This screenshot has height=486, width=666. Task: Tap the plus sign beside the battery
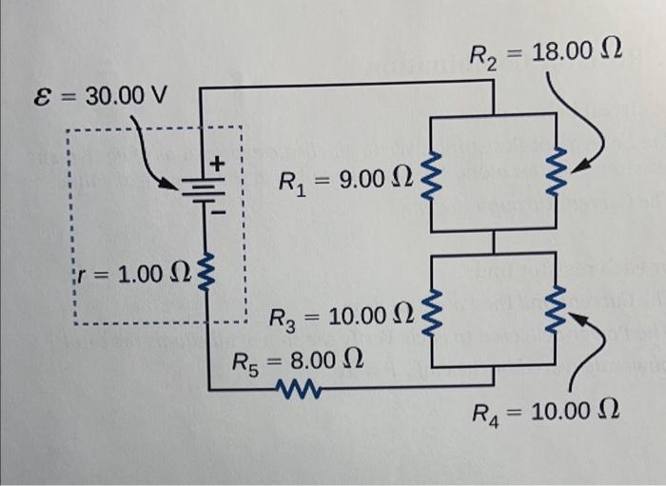pyautogui.click(x=217, y=164)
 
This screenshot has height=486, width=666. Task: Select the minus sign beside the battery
pyautogui.click(x=217, y=213)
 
